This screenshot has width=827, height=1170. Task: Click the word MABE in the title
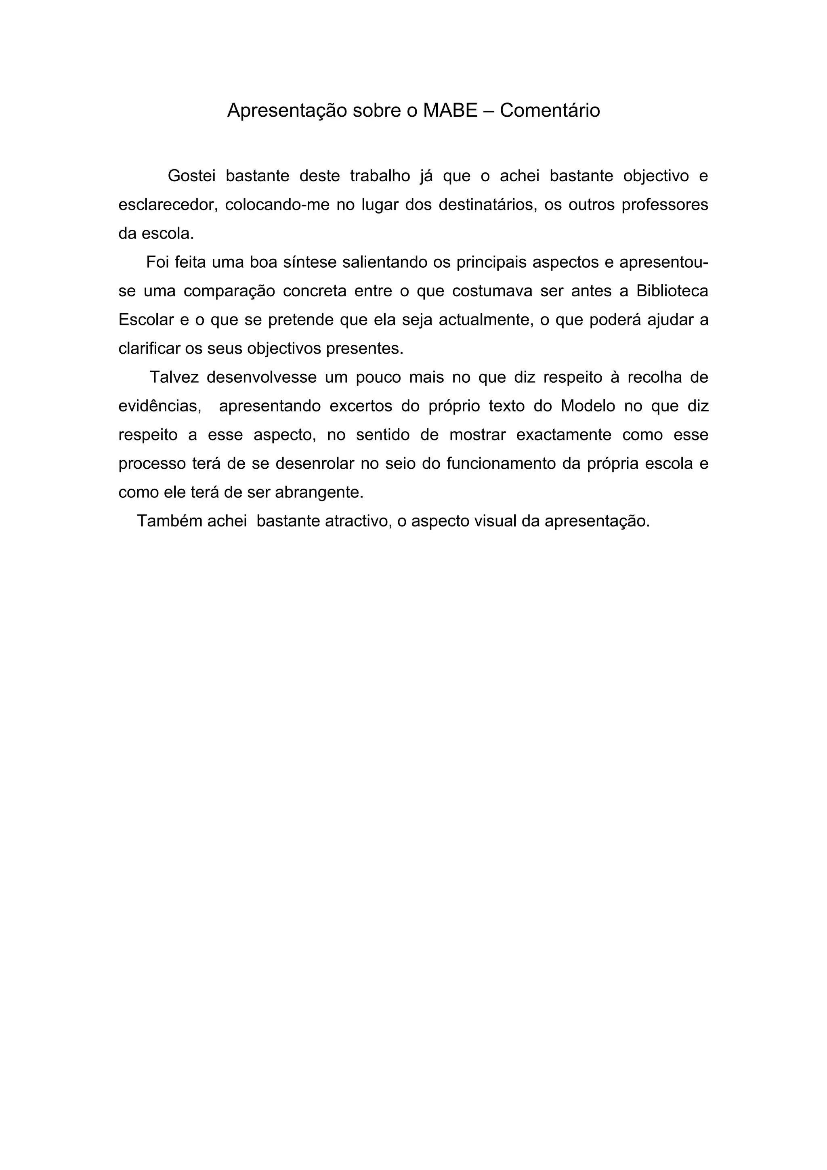(450, 111)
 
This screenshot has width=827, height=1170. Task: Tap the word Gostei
(191, 176)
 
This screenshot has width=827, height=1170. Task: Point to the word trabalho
(380, 176)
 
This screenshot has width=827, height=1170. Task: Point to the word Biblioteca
(672, 291)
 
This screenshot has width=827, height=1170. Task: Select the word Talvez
(173, 377)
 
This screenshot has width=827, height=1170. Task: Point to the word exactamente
(564, 435)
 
